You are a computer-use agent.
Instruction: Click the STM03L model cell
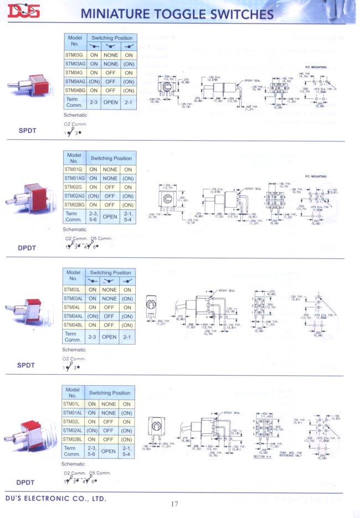[74, 289]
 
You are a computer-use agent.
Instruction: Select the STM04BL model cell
[74, 325]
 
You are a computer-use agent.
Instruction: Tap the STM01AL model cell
[74, 413]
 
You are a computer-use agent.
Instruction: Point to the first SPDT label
[27, 131]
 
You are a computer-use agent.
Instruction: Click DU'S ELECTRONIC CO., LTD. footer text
[55, 498]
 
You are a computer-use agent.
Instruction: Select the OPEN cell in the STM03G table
[110, 102]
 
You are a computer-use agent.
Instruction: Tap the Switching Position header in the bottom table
[110, 393]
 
